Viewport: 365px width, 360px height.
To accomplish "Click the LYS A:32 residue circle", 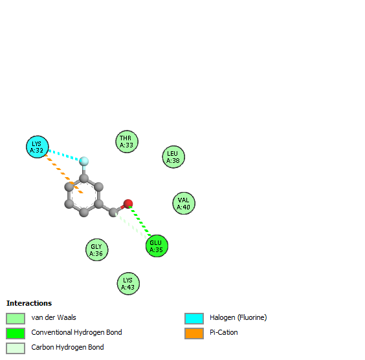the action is click(x=38, y=147).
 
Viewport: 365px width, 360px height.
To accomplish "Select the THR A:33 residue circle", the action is click(x=127, y=142).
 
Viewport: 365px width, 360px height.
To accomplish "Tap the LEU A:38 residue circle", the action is click(x=173, y=157).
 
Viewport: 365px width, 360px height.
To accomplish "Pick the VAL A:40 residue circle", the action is click(x=184, y=204).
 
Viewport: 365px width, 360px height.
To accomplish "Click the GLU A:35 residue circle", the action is click(x=157, y=246).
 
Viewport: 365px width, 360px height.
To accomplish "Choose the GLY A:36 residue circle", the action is click(x=97, y=250).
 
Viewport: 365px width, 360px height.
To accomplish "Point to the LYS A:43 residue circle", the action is click(x=128, y=284).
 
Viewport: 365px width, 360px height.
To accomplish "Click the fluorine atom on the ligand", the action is click(x=83, y=161).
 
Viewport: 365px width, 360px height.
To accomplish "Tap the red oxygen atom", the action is click(x=128, y=204).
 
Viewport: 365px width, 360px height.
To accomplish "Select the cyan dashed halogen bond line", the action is click(x=64, y=155).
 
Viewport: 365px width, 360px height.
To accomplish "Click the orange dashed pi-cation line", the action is click(x=64, y=174).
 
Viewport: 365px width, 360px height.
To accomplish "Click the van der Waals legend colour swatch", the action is click(x=16, y=319).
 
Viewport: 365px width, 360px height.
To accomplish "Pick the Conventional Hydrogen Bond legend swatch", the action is click(x=16, y=334).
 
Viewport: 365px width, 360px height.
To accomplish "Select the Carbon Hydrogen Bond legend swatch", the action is click(x=16, y=348).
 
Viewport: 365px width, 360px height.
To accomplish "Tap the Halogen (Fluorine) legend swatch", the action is click(x=194, y=319).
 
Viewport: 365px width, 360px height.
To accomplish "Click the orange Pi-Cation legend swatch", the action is click(x=194, y=334).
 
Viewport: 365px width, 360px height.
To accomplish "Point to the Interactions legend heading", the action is click(x=29, y=303).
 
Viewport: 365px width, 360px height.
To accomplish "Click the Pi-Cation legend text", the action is click(x=224, y=332).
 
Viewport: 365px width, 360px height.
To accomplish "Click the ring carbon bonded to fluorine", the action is click(x=83, y=178).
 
